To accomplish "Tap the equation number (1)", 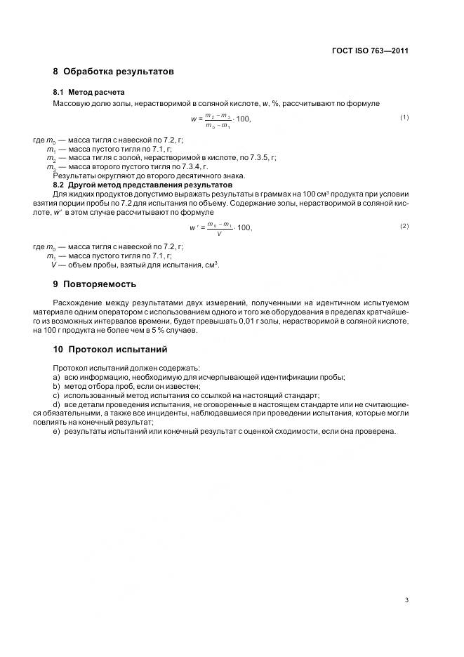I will (x=404, y=117).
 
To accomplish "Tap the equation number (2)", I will (x=404, y=226).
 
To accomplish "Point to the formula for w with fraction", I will (x=220, y=119).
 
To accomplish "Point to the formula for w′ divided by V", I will (x=220, y=228).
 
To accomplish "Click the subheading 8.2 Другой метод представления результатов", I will (x=142, y=185).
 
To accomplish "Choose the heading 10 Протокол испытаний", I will (x=110, y=349).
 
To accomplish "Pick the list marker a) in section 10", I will (x=55, y=377).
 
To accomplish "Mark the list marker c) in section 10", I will (x=55, y=395).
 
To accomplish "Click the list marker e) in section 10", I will (x=55, y=431).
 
